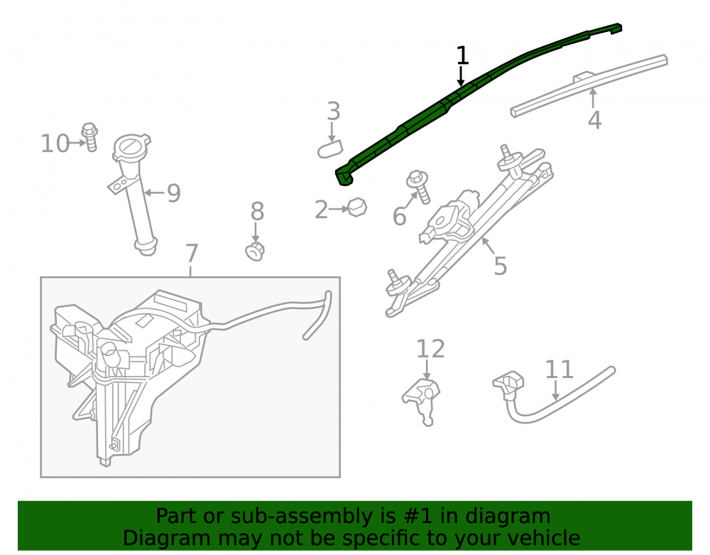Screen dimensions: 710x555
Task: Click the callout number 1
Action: (462, 55)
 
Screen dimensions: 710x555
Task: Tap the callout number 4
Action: (594, 120)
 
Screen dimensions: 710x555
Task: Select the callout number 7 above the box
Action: (192, 253)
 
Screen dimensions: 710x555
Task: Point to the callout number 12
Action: (430, 349)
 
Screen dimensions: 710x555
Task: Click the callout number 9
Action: (174, 193)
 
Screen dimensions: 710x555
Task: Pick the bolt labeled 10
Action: (90, 137)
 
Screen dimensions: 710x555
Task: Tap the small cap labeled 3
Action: (330, 149)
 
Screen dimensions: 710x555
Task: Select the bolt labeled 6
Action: (419, 185)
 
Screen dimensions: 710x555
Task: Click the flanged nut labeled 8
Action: (255, 252)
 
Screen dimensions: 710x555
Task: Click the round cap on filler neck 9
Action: (131, 146)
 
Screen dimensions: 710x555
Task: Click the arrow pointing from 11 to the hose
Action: (556, 390)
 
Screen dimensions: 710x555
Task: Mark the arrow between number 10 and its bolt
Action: (77, 143)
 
